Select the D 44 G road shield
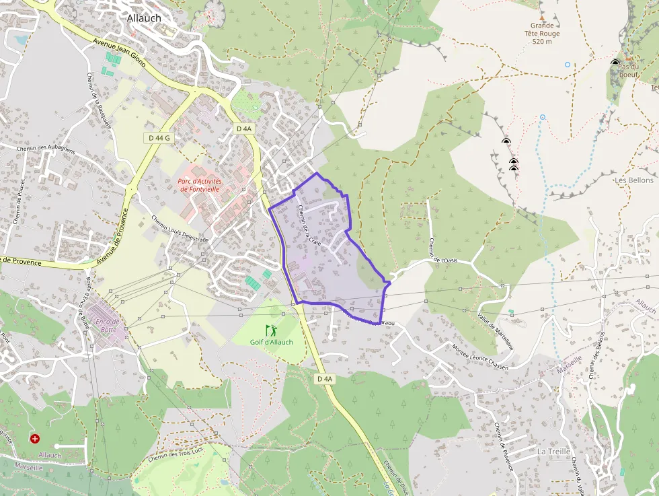pyautogui.click(x=158, y=137)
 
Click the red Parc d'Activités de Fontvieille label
pyautogui.click(x=201, y=185)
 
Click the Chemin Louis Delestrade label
pyautogui.click(x=180, y=229)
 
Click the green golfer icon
pyautogui.click(x=271, y=330)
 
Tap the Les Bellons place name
pyautogui.click(x=634, y=180)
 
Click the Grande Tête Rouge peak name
pyautogui.click(x=545, y=33)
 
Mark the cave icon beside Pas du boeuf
pyautogui.click(x=615, y=63)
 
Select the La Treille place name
pyautogui.click(x=553, y=451)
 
